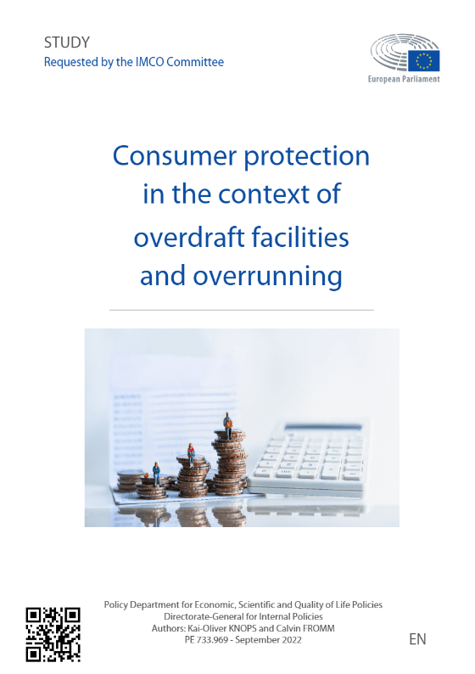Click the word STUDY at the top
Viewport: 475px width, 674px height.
pos(67,42)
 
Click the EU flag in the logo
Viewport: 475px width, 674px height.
pos(423,60)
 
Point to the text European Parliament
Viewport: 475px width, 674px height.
pos(404,79)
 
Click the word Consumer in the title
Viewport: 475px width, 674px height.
pos(175,155)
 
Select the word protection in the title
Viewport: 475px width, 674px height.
pos(307,157)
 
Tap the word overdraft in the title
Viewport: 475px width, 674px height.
pos(189,237)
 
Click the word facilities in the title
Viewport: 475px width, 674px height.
pos(300,237)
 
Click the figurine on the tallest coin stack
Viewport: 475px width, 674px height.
pos(228,424)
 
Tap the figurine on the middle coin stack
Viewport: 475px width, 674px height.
pos(191,455)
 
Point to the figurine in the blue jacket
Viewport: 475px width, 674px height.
pos(157,474)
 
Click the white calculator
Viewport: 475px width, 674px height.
pos(308,459)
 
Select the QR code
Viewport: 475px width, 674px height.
pos(53,634)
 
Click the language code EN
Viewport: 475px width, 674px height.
pos(417,639)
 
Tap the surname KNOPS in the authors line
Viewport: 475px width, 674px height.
pos(243,628)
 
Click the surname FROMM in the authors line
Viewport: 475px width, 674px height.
pos(319,628)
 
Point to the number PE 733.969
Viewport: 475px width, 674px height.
pos(206,640)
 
